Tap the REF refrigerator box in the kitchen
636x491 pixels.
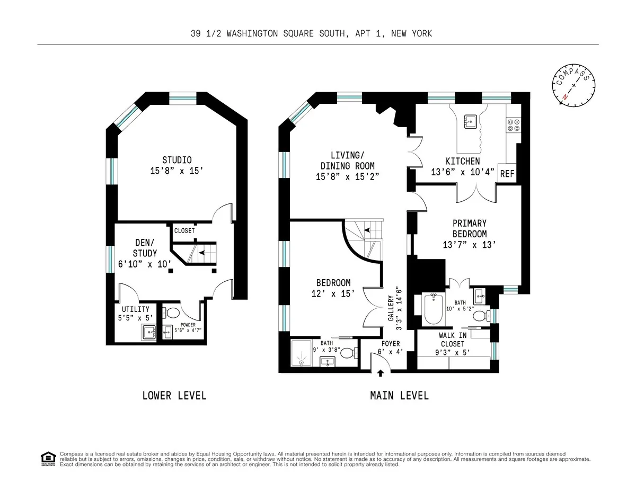[507, 174]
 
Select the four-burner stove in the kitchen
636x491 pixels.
[513, 124]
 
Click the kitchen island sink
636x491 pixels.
[470, 122]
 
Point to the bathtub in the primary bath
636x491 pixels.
[434, 310]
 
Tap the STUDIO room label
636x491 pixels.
[176, 160]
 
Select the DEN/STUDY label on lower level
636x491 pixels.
[144, 249]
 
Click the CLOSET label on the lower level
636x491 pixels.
[184, 231]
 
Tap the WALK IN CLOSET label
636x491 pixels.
[452, 340]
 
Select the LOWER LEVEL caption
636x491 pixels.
[174, 396]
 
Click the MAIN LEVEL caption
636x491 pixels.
[399, 396]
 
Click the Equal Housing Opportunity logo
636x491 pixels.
[48, 459]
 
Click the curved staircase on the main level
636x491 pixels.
[364, 238]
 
